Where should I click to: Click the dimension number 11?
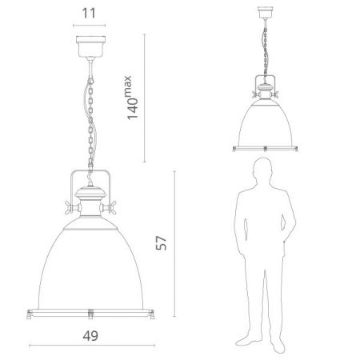[x=89, y=14]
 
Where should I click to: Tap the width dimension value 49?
[x=90, y=336]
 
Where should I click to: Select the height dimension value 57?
[x=161, y=242]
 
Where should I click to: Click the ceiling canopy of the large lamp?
[x=90, y=46]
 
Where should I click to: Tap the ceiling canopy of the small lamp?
[x=265, y=12]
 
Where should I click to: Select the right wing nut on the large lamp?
[x=108, y=207]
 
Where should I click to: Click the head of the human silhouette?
[x=263, y=170]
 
